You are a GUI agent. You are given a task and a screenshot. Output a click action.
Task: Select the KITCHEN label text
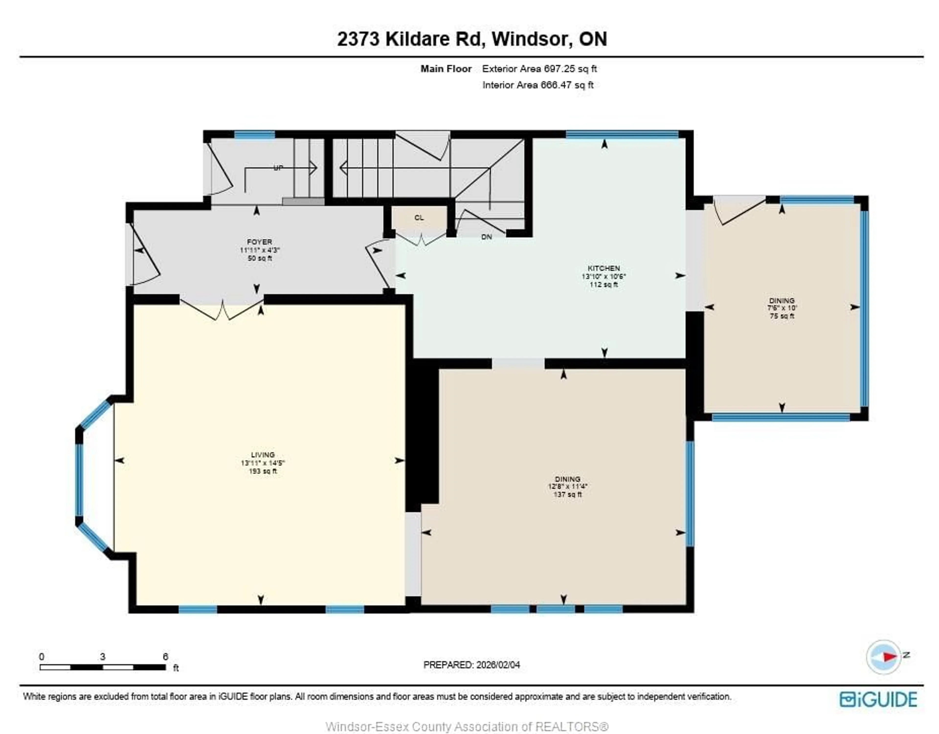[x=604, y=268]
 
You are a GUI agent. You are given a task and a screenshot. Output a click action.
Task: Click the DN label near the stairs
[x=486, y=237]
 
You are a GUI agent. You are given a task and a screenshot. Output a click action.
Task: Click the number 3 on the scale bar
[x=102, y=656]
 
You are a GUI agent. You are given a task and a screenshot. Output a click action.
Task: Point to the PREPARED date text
[x=472, y=665]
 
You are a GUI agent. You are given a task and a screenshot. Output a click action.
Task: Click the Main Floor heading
[x=446, y=69]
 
